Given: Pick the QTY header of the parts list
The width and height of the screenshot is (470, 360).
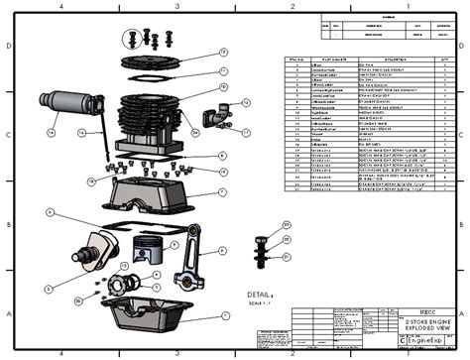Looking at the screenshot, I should click(444, 60).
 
